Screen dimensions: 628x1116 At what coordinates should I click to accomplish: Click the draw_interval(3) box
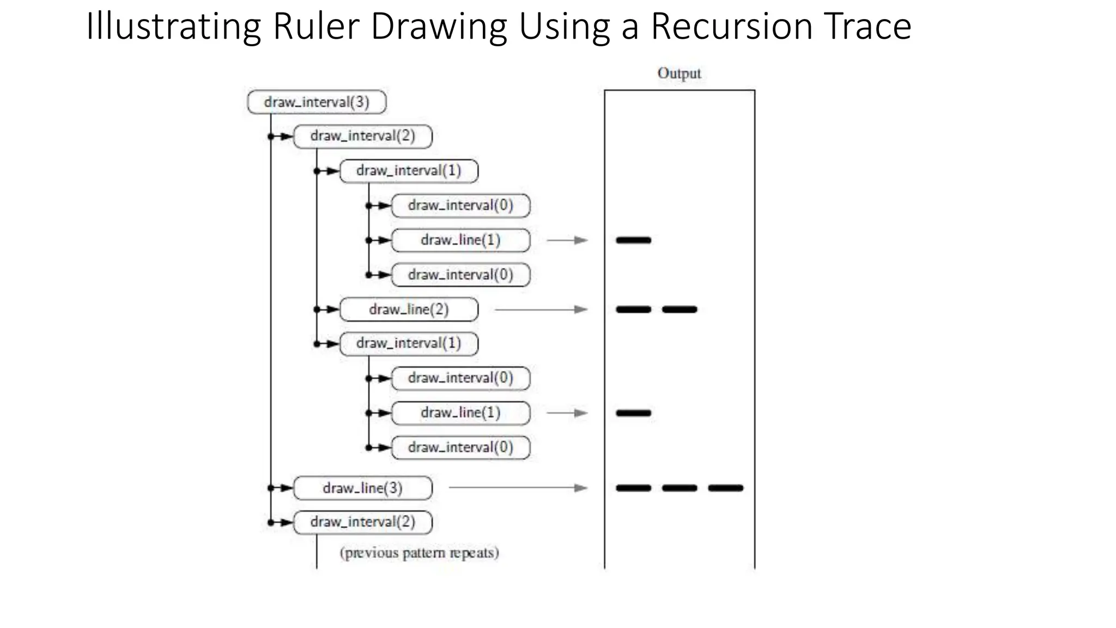317,102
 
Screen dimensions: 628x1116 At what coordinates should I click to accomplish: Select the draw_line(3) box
363,488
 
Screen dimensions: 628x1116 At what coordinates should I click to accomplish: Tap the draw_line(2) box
409,310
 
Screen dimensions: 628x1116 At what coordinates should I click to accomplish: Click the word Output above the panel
679,73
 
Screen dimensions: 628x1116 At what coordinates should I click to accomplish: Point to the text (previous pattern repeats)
419,553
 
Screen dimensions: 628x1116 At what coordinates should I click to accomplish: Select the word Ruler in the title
316,26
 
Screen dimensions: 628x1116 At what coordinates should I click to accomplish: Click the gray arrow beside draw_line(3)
518,488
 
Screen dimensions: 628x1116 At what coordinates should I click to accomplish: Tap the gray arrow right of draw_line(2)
541,310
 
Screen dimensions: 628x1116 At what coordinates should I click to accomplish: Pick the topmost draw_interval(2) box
363,136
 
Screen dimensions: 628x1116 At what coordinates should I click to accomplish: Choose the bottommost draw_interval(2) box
363,522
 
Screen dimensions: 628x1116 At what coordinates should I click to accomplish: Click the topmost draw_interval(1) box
409,171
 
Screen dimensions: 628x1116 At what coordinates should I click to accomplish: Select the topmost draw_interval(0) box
460,206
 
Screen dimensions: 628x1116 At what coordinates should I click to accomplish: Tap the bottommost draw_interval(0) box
460,448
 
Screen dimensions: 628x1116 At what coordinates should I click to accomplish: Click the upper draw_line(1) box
460,240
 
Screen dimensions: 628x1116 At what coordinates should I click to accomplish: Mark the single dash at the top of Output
633,240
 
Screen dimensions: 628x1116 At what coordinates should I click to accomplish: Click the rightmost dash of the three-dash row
725,488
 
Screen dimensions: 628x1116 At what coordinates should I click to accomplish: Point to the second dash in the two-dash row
680,310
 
